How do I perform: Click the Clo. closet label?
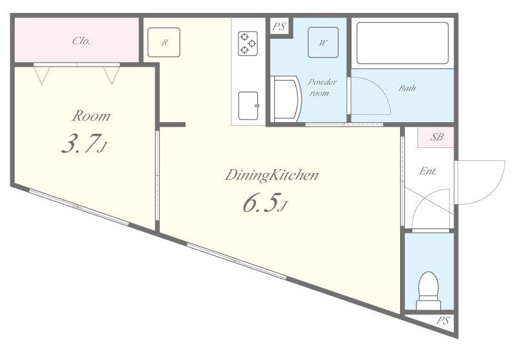[81, 41]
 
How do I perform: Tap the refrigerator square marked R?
[164, 42]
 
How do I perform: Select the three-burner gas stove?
[248, 43]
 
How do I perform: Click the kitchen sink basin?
[248, 105]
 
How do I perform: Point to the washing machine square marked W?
[323, 43]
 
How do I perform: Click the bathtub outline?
[403, 43]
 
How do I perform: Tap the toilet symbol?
[428, 290]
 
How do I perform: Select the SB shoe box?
[436, 137]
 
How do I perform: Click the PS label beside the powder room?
[279, 26]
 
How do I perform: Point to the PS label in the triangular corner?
[443, 321]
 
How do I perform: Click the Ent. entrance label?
[428, 171]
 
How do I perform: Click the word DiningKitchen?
[271, 175]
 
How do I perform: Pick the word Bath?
[407, 88]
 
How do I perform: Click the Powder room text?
[322, 87]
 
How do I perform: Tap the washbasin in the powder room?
[286, 99]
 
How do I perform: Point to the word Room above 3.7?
[91, 116]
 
